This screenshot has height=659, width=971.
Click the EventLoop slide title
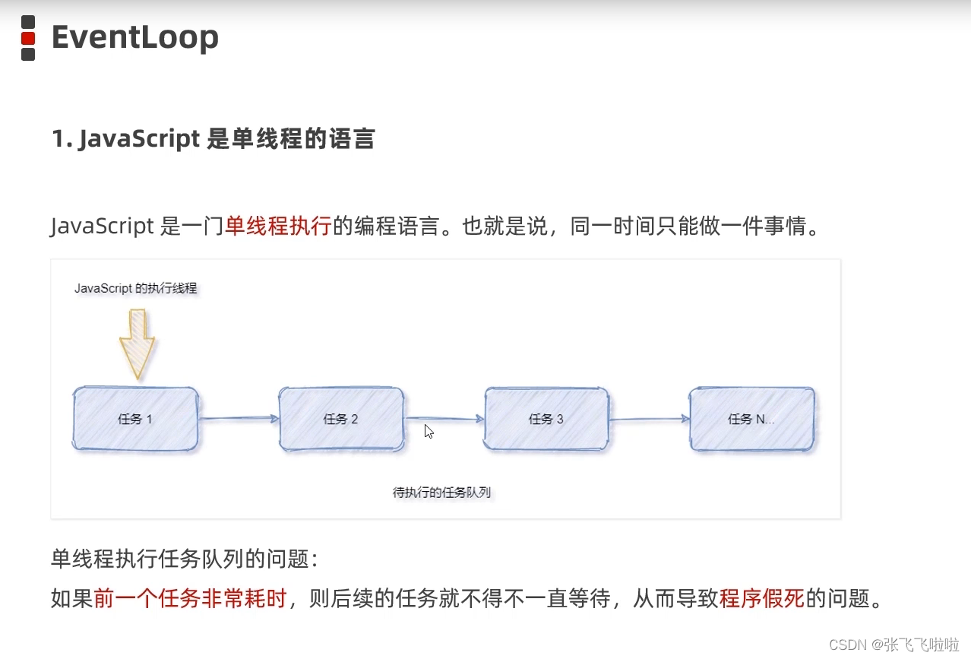click(134, 37)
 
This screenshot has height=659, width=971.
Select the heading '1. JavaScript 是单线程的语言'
click(213, 139)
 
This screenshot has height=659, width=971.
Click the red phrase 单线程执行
click(278, 226)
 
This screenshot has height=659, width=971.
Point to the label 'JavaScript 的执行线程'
click(135, 289)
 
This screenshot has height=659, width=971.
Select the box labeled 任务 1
click(136, 419)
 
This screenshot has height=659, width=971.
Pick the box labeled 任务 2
click(341, 419)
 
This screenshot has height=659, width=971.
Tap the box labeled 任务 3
click(546, 419)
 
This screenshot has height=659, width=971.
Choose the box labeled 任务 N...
click(751, 419)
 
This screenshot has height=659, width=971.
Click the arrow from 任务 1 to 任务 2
click(239, 418)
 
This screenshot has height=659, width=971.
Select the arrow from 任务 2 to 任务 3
click(444, 418)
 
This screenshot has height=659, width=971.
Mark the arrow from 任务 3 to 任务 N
click(649, 418)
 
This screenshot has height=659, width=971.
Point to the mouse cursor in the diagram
click(429, 431)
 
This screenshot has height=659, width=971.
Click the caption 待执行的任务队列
click(441, 493)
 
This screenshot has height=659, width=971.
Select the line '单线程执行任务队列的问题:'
click(184, 559)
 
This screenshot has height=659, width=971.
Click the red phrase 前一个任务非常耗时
click(190, 599)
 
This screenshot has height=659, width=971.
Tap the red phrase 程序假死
click(761, 599)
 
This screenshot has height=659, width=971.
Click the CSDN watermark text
click(894, 645)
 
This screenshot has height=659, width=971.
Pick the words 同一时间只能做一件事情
click(695, 226)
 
